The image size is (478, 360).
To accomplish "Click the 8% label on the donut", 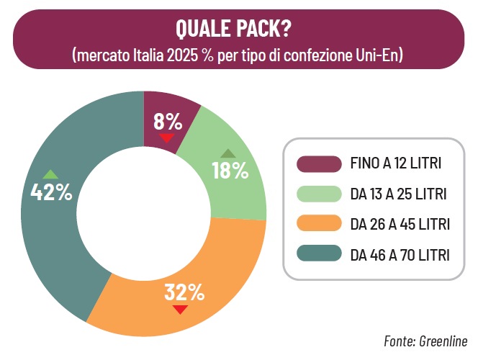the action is pos(168,122).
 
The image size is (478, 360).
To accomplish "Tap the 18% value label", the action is pos(230,171).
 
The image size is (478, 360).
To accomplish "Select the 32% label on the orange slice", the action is pos(184,292).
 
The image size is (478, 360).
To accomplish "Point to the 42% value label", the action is pos(51,192).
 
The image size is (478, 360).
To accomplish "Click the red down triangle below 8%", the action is pos(167,138).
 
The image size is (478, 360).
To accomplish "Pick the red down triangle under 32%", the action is pos(180,310).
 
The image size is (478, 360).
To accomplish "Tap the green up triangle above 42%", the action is pos(50,174).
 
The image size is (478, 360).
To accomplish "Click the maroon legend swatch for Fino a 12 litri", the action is pos(319,164).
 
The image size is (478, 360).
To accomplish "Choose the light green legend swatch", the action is pos(319,194).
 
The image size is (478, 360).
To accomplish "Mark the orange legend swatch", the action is pos(319,223).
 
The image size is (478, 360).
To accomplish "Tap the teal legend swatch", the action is pos(319,253).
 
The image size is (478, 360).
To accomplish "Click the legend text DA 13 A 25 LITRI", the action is pos(398,194).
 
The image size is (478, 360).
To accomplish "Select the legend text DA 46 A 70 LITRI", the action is pos(400,255).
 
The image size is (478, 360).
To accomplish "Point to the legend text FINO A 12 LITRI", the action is pos(396,163).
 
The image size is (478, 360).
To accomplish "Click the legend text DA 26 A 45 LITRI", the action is pos(400,225).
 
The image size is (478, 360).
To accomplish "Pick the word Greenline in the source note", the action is pos(443,341).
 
